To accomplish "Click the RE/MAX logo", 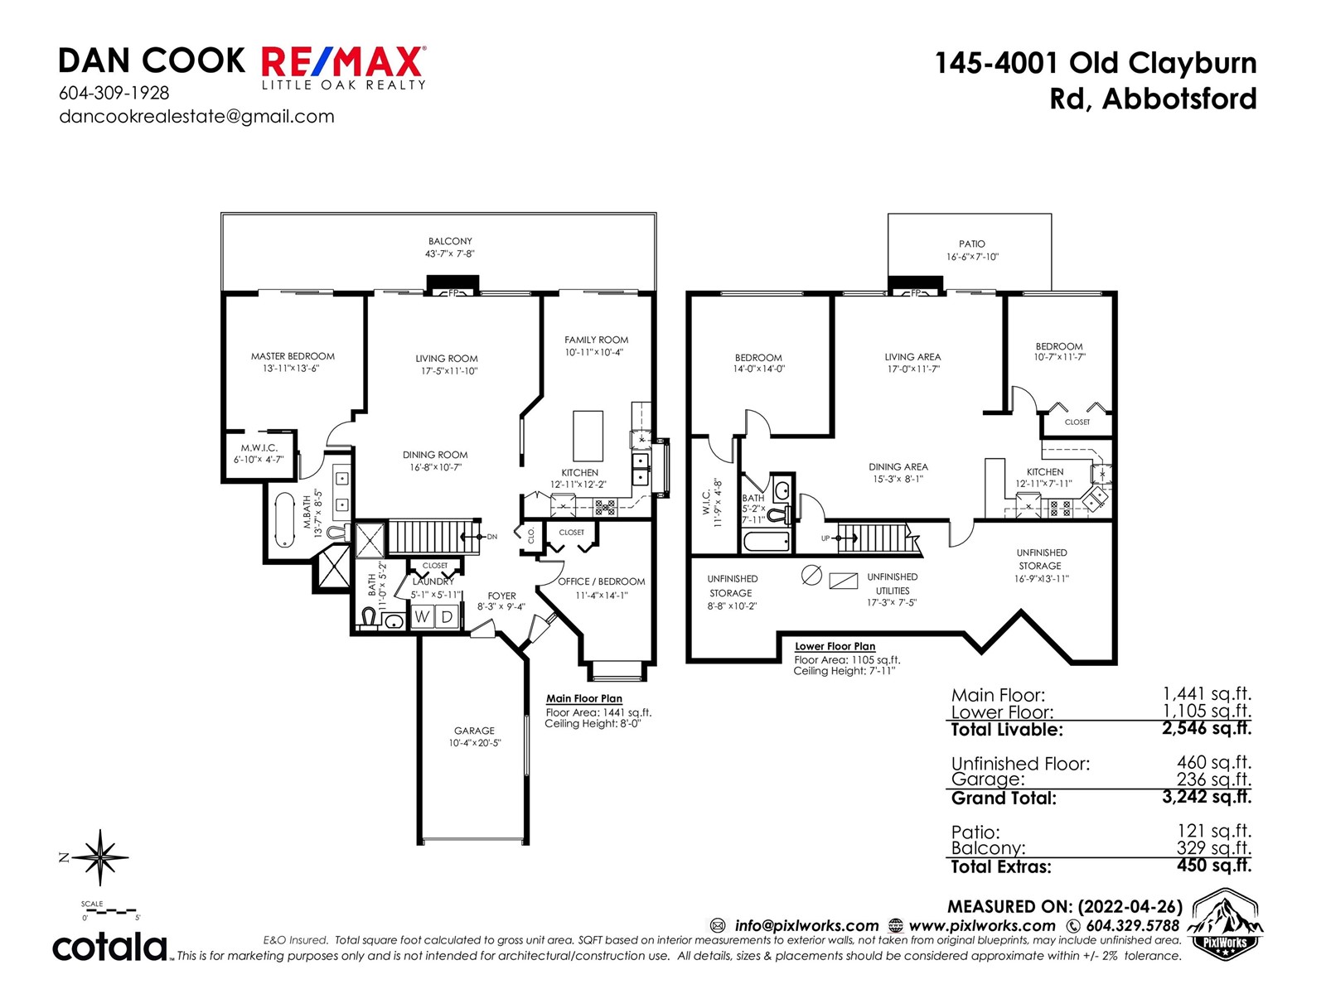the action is [x=344, y=68].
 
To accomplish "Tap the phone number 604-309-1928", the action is [x=114, y=93].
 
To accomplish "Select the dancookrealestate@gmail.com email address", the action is [x=196, y=117].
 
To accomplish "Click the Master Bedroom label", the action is [x=293, y=356].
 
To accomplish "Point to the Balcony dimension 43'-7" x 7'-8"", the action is [x=449, y=254].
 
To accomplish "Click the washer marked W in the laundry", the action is [x=423, y=617].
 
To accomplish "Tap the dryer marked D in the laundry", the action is [x=447, y=617].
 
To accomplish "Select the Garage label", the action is [x=474, y=731].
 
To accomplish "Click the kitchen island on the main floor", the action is [x=588, y=436].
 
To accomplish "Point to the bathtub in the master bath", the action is [x=285, y=520].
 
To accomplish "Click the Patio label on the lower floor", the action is [x=972, y=244].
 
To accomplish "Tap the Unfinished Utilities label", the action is [x=893, y=584].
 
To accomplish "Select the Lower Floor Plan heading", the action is [x=835, y=646].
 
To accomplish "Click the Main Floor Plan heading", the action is [x=584, y=698].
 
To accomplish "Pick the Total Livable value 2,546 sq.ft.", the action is [x=1207, y=728].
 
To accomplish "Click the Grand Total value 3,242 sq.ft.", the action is [x=1207, y=797].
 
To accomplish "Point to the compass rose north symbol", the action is [x=99, y=857].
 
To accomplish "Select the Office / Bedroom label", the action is [x=601, y=581].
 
